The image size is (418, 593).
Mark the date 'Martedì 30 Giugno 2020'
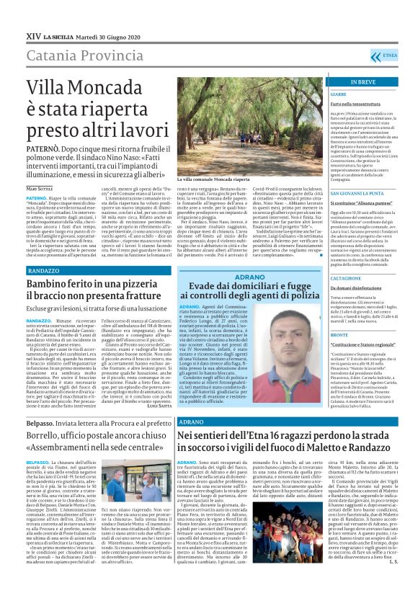click(x=104, y=35)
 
